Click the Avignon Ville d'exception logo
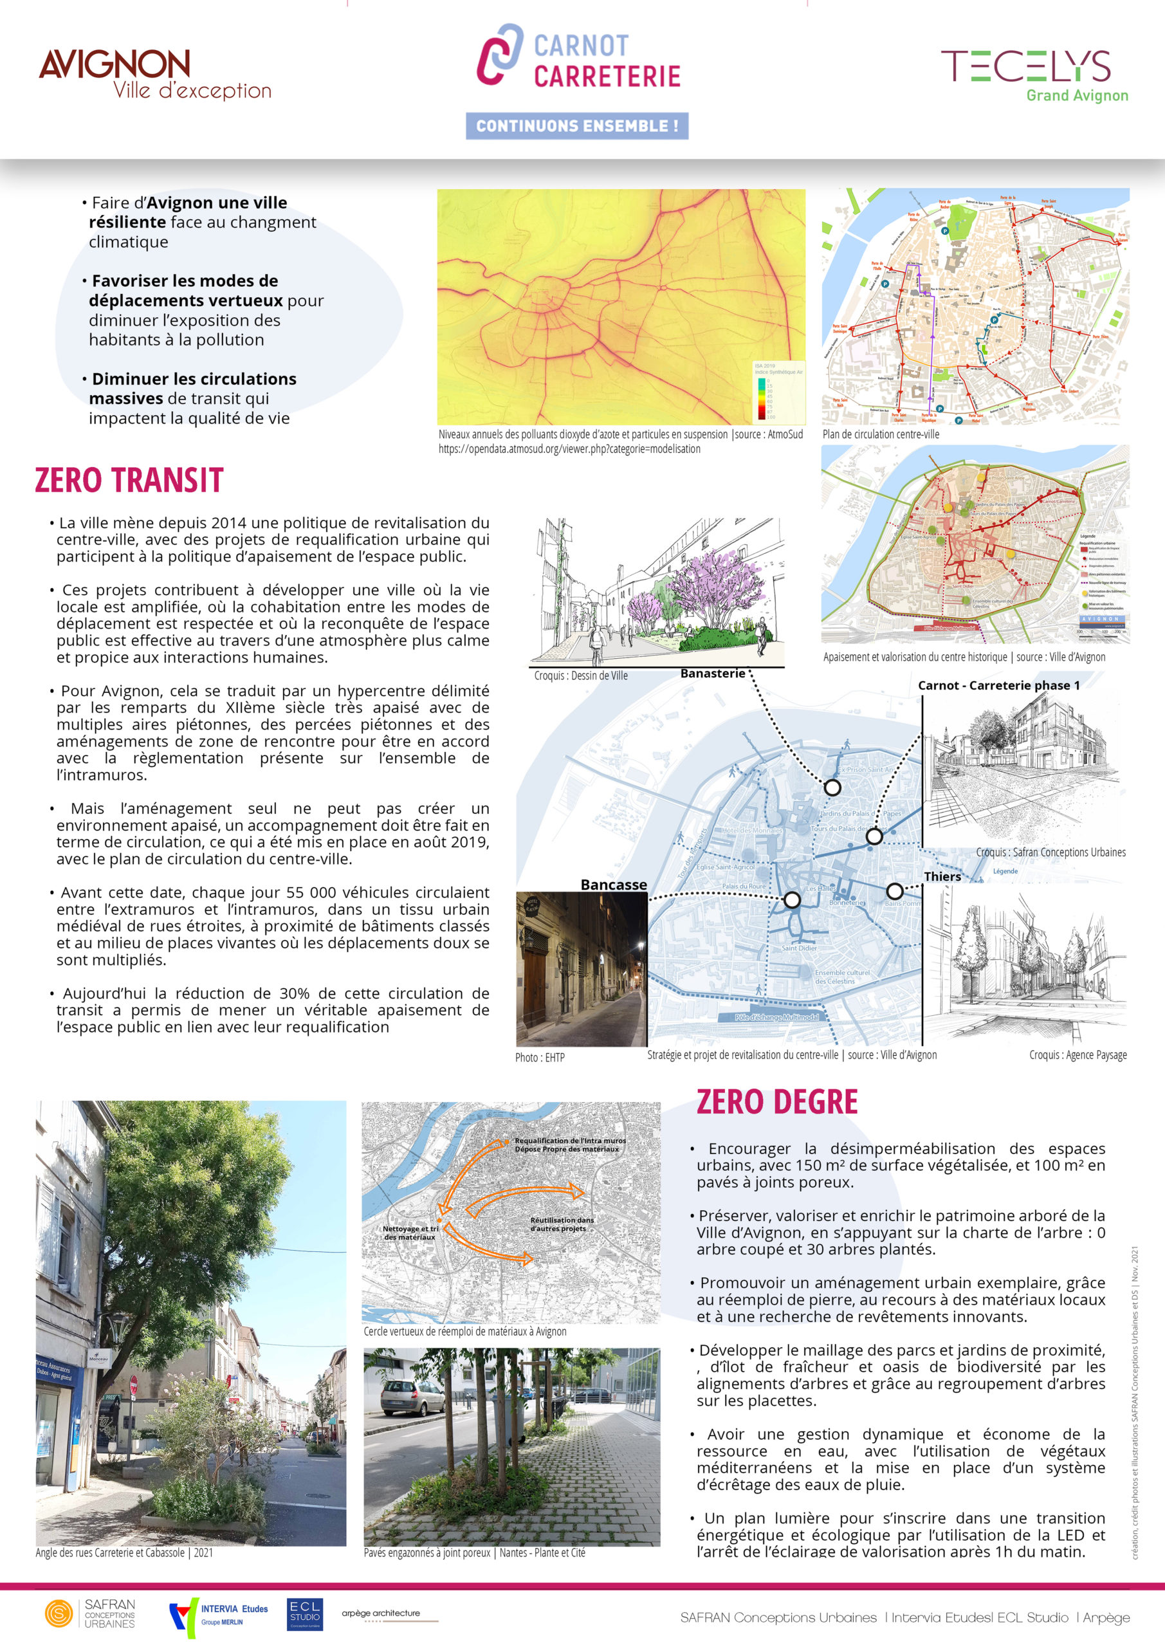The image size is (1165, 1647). [154, 73]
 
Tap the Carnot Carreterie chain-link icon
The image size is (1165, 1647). [500, 54]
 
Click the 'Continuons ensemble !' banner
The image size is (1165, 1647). [577, 125]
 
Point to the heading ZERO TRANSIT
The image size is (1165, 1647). [129, 480]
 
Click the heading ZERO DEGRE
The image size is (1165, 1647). [776, 1103]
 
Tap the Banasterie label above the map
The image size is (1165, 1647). [712, 673]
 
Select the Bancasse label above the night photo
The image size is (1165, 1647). [613, 885]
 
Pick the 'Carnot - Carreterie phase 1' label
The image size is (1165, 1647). [998, 685]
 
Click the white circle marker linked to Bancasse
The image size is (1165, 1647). [792, 899]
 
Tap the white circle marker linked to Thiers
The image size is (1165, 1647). [895, 891]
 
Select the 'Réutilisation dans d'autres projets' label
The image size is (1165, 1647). [562, 1224]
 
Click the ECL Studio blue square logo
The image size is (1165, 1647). [305, 1614]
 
